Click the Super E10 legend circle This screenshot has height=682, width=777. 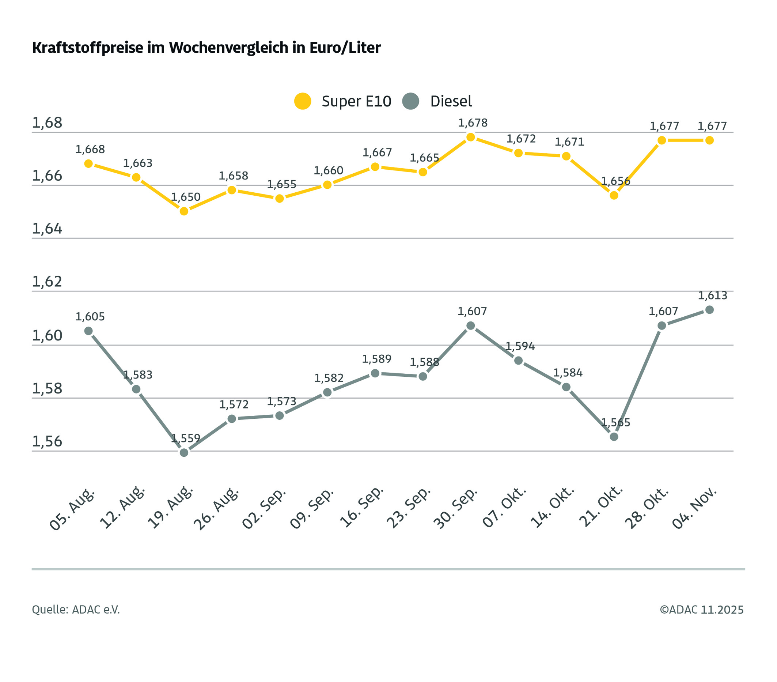303,101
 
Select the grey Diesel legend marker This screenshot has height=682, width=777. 410,101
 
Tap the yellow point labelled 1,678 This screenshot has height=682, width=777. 471,137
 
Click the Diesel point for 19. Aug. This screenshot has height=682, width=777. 184,453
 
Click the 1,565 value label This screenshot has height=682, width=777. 615,423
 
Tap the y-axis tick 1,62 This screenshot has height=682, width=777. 47,282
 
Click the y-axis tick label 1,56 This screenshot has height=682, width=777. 47,442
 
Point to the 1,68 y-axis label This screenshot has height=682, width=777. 47,123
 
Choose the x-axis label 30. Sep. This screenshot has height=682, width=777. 455,509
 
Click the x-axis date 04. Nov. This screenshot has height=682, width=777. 694,509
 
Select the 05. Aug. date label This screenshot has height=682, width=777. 72,510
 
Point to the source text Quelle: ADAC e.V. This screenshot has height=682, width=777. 76,610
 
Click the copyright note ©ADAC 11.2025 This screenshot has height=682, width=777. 701,610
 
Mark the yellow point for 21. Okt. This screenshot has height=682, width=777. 614,196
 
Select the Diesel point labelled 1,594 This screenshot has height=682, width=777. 519,361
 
